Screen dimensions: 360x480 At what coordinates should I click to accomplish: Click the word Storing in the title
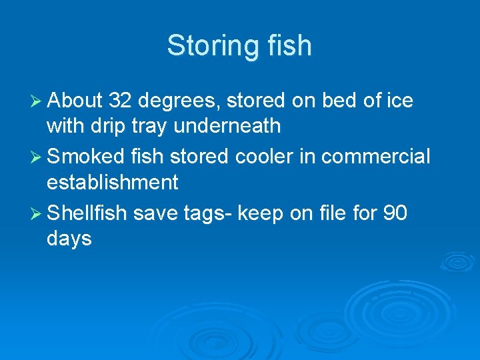coord(207,46)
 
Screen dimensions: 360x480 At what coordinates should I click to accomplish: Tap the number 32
coord(121,101)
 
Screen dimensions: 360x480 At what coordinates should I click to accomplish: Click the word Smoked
coord(86,157)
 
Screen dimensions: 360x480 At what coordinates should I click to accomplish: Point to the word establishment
coord(113,182)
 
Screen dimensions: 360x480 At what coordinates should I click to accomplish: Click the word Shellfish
coord(87,213)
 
